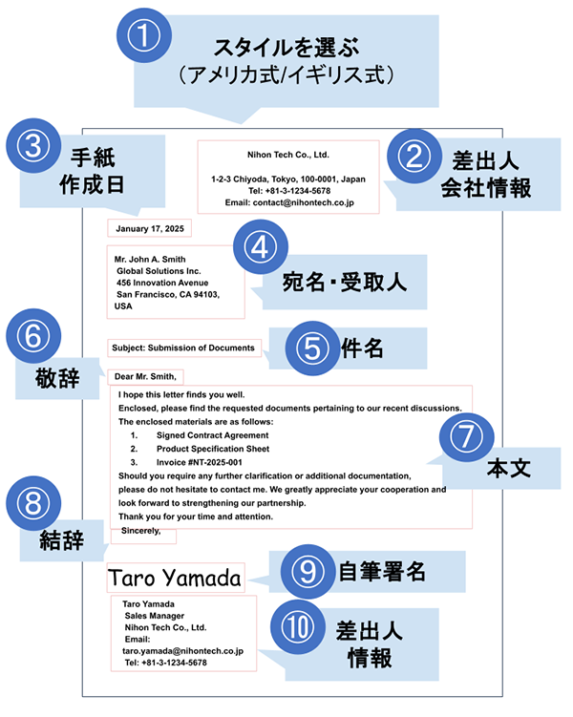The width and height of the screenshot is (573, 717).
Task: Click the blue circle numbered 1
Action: point(144,35)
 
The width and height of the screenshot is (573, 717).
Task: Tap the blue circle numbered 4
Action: point(261,247)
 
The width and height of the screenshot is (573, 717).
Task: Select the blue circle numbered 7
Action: point(466,436)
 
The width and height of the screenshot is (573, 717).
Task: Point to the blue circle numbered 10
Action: point(298,627)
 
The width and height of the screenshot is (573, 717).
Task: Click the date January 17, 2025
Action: point(150,228)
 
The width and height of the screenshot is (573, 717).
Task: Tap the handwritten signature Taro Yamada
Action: point(174,578)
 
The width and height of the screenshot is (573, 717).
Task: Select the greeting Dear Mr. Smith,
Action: point(145,377)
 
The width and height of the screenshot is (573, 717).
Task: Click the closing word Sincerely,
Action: point(140,531)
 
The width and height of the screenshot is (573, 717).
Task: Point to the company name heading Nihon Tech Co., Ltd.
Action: point(288,155)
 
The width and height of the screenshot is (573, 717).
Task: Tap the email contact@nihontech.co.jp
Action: point(303,202)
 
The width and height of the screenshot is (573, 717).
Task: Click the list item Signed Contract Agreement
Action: point(213,435)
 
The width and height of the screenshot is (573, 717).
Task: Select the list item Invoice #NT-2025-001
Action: point(200,462)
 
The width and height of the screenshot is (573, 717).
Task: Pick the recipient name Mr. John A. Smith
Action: point(150,260)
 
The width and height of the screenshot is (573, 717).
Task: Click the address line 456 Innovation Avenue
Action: point(162,283)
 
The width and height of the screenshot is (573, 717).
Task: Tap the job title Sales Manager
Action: point(155,616)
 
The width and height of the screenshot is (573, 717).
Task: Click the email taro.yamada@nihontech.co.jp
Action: point(183,651)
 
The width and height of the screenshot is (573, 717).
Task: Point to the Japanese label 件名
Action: point(362,348)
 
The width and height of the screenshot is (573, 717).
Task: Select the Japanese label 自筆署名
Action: point(382,572)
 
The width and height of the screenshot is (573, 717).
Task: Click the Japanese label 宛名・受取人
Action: point(345,282)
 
